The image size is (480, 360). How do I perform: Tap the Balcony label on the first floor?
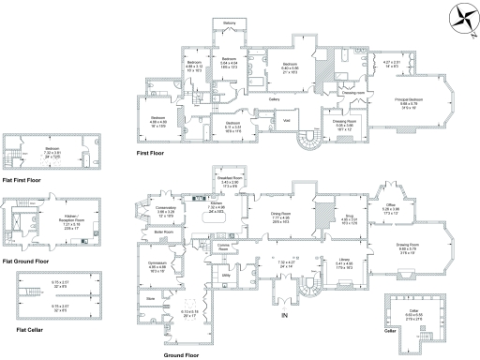coord(229,22)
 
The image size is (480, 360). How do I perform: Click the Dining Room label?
coord(282,214)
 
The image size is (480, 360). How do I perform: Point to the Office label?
coord(390,205)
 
